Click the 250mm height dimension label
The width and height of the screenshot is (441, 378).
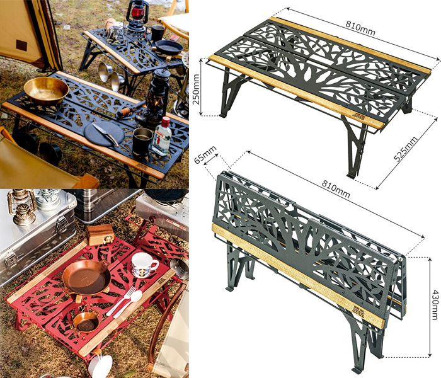point(196,89)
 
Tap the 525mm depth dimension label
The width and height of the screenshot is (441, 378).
point(405,149)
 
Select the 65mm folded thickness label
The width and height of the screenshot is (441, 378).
point(205,155)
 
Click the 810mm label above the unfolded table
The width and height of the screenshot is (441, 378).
point(360,28)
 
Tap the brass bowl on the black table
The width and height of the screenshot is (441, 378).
point(46,90)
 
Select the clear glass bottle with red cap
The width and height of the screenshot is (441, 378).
point(162,137)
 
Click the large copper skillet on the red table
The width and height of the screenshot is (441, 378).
point(86,278)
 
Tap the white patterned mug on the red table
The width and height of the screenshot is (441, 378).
point(144,265)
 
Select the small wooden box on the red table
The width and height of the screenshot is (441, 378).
point(100,234)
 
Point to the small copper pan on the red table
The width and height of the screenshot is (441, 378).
point(86,321)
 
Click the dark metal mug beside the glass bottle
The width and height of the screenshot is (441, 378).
point(142,142)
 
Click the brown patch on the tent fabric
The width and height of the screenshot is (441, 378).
point(21,45)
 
